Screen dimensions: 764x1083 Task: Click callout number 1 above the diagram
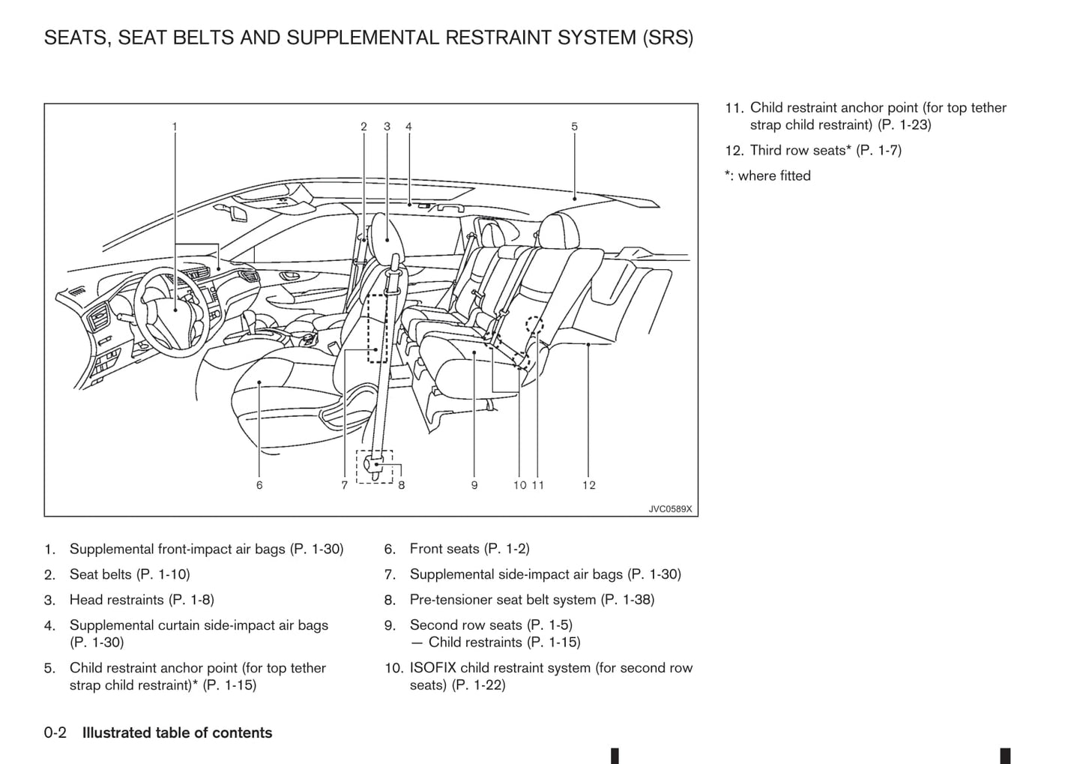pyautogui.click(x=175, y=127)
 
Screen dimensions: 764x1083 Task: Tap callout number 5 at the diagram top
pyautogui.click(x=574, y=127)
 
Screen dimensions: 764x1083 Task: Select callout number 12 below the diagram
pyautogui.click(x=589, y=485)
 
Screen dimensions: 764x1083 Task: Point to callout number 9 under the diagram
pyautogui.click(x=474, y=485)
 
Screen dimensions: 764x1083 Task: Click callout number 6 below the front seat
pyautogui.click(x=259, y=485)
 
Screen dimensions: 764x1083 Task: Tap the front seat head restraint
pyautogui.click(x=386, y=235)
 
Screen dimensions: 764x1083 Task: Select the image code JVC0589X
pyautogui.click(x=670, y=509)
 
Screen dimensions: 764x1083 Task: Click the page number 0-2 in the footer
pyautogui.click(x=55, y=733)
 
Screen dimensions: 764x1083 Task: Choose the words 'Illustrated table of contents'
pyautogui.click(x=177, y=733)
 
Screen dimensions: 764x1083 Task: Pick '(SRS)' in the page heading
pyautogui.click(x=667, y=37)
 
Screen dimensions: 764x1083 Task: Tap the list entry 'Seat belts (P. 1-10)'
pyautogui.click(x=130, y=574)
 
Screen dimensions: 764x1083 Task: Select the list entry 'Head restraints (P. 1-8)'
pyautogui.click(x=142, y=600)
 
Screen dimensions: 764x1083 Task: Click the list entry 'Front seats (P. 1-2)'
pyautogui.click(x=469, y=549)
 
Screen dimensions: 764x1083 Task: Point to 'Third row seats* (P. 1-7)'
pyautogui.click(x=825, y=150)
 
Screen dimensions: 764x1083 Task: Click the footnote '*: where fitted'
pyautogui.click(x=767, y=175)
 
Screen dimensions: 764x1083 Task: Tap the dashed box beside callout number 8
pyautogui.click(x=375, y=466)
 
